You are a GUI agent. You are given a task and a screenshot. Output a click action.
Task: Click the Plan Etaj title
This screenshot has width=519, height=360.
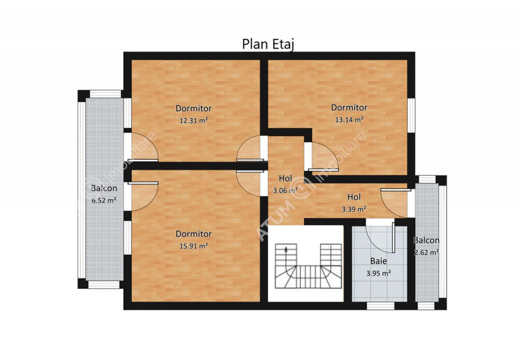point(268,45)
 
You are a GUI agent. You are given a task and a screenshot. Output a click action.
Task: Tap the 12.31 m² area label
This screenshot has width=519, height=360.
point(194,120)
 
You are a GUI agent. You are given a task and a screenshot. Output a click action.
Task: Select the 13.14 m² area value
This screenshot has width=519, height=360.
point(349,120)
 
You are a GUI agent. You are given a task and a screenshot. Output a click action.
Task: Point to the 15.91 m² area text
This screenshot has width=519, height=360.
point(194,246)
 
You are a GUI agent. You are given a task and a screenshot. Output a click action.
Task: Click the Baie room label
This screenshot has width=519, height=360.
point(378,261)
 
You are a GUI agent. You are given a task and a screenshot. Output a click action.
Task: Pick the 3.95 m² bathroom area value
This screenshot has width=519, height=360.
point(378,273)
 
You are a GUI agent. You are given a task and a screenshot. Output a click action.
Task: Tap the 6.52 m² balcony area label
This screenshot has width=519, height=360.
point(103,200)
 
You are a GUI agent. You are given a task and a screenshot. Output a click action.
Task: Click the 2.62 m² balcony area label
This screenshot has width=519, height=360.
point(427,253)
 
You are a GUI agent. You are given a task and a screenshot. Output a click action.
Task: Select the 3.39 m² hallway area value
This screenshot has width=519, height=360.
point(354,209)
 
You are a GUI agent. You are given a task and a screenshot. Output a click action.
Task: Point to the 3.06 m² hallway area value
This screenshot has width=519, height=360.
point(285,191)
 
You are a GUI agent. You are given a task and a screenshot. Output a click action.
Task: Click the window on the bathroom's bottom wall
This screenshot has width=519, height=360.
point(381,306)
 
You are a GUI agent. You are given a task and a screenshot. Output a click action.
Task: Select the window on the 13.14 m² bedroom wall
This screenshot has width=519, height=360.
point(411,115)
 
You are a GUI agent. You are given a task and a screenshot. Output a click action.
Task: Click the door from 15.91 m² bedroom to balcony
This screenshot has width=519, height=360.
point(142,196)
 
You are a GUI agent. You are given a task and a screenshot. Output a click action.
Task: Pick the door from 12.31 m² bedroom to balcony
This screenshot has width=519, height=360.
point(142,147)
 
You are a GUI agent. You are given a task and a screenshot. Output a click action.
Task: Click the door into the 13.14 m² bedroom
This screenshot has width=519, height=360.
point(323,156)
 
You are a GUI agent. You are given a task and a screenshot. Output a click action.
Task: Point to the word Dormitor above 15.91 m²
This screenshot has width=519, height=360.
point(194,234)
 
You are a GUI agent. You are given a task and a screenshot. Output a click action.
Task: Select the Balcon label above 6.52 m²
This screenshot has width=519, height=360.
point(104,188)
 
